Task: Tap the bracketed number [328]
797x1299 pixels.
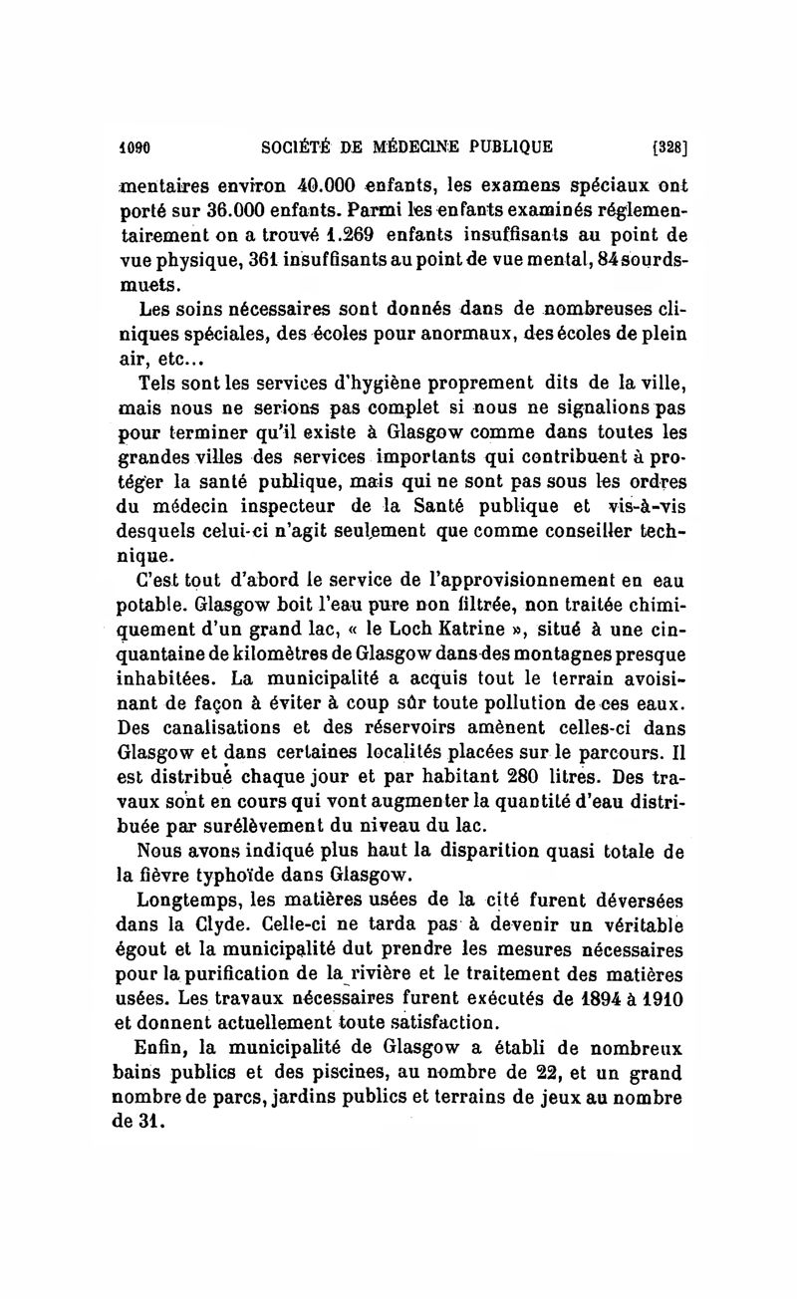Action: pos(669,147)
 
